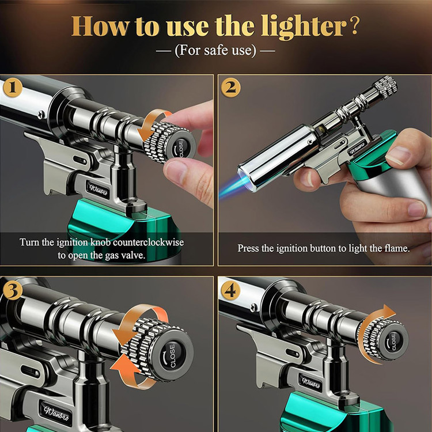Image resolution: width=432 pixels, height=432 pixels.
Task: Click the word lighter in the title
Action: [304, 27]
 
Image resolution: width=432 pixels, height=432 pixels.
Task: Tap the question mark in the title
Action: [355, 26]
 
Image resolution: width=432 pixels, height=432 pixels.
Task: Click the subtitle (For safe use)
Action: [215, 51]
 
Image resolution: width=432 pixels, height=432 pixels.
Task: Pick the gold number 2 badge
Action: [230, 88]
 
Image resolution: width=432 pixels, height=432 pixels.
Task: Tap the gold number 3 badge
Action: [13, 290]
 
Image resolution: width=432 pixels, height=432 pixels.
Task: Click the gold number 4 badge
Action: [230, 290]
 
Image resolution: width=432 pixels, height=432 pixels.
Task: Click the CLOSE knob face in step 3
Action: [172, 355]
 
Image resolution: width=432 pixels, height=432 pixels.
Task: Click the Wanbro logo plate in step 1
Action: [98, 190]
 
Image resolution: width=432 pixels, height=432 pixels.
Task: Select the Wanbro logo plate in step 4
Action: [311, 383]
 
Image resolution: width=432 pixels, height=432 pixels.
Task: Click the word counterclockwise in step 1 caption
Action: [149, 242]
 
